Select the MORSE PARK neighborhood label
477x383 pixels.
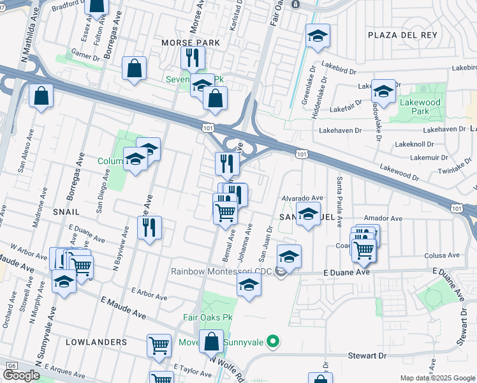point(191,43)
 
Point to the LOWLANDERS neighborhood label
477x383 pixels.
point(96,342)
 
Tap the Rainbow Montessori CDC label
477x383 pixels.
point(222,272)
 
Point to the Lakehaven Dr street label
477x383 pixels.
point(340,130)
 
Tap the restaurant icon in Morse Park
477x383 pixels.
point(192,58)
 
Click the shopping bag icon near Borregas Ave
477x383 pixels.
point(135,68)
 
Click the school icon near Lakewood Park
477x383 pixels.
point(384,91)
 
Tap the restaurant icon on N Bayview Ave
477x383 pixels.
point(149,227)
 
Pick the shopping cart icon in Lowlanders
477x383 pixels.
point(159,345)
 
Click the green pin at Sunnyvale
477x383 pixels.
point(274,342)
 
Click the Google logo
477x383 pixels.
point(22,375)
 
